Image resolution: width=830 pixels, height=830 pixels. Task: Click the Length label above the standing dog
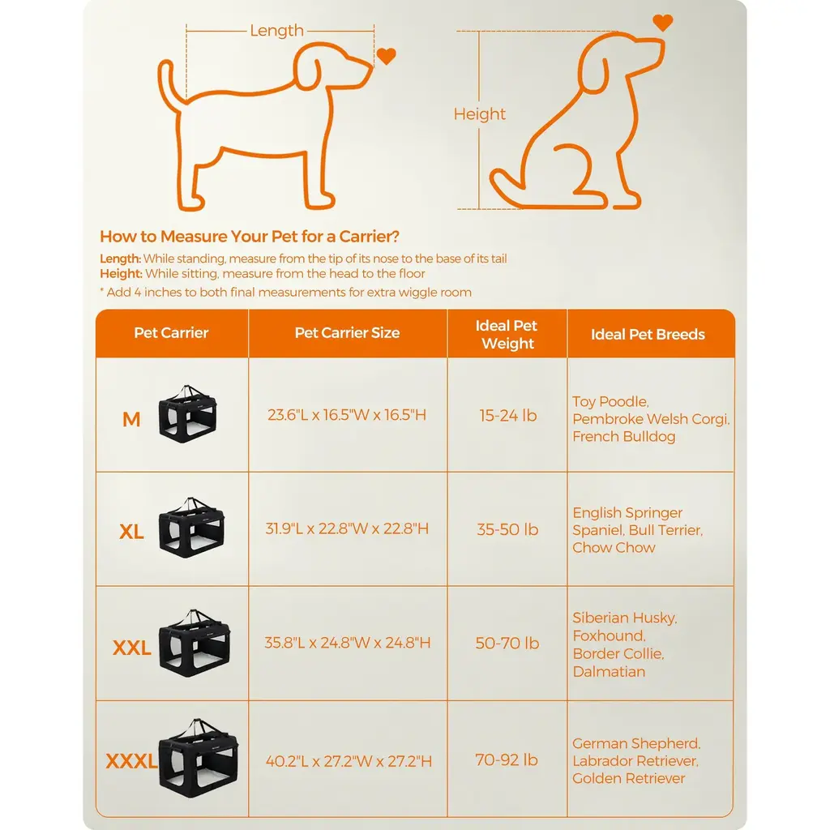point(277,31)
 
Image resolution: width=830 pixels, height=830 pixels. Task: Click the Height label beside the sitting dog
point(480,114)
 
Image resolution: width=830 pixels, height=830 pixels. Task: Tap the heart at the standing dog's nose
point(387,56)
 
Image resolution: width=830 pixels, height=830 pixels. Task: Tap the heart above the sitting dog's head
point(663,23)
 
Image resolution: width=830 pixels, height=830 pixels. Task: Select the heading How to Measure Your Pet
point(250,236)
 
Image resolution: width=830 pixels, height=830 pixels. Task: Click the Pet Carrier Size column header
point(347,332)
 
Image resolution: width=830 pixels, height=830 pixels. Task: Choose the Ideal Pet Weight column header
point(507,334)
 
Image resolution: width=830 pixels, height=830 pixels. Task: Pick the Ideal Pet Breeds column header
point(648,334)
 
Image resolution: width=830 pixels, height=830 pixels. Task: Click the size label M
point(131,419)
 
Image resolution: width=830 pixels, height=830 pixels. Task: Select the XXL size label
point(132,648)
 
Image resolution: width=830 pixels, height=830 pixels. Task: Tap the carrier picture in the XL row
point(191,527)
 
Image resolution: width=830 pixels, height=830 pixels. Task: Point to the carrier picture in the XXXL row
point(199,758)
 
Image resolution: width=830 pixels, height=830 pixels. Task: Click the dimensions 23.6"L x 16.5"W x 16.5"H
point(347,415)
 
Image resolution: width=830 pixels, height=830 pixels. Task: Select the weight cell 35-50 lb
point(507,529)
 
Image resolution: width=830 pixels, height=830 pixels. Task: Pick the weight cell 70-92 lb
point(507,760)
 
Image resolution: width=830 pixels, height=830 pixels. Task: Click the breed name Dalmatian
point(609,672)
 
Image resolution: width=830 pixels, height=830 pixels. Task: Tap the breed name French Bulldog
point(623,437)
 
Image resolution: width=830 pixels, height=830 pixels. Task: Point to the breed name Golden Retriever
point(628,778)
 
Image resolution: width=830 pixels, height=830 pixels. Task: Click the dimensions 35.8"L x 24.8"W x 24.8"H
point(347,643)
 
